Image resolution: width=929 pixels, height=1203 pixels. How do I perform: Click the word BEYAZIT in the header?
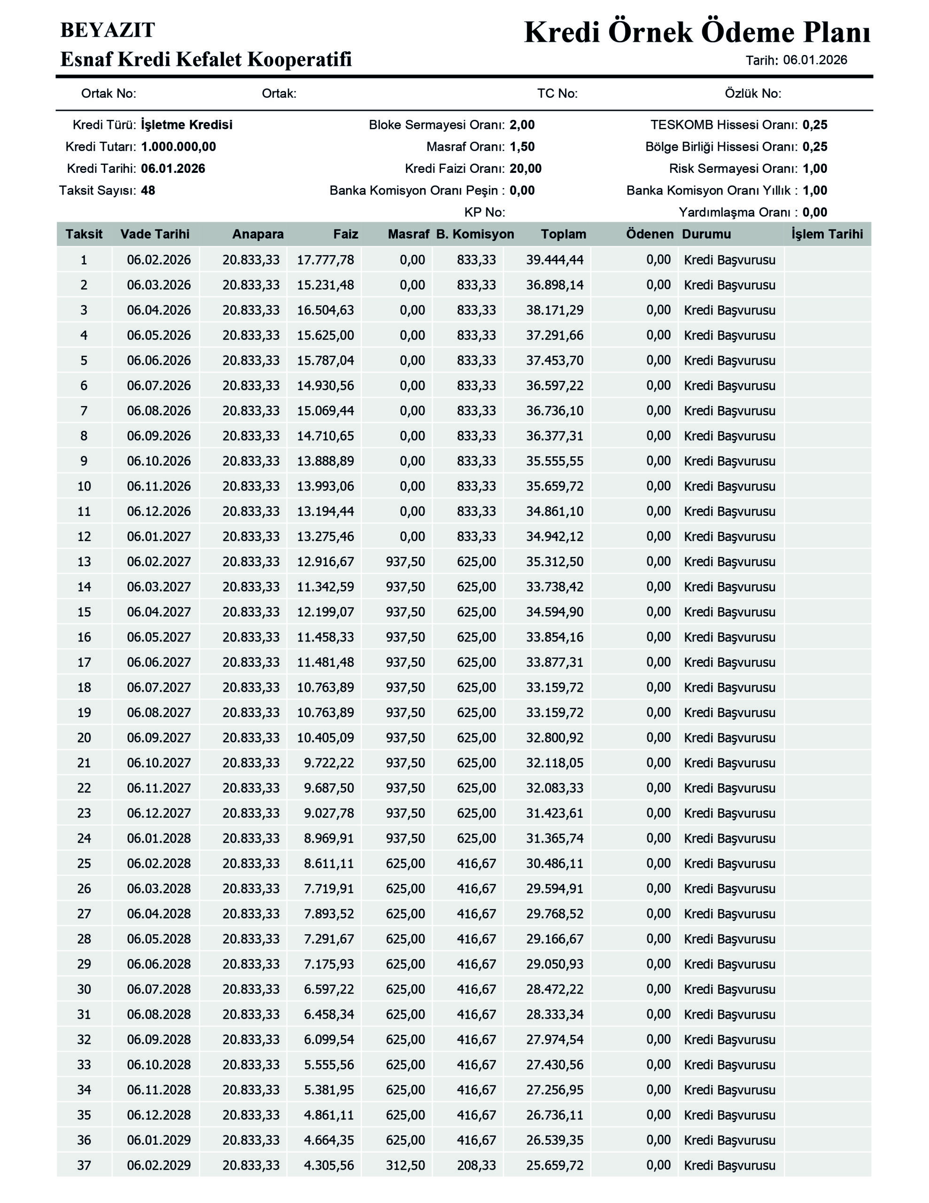coord(108,30)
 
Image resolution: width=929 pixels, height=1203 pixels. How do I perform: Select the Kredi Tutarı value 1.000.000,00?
coord(178,147)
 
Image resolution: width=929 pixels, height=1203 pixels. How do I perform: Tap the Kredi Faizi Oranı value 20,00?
coord(526,169)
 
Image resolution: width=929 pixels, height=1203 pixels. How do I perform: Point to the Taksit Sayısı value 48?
coord(148,191)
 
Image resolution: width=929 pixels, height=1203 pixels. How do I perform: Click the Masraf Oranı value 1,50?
coord(522,147)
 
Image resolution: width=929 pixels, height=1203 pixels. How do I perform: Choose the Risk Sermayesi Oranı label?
coord(732,169)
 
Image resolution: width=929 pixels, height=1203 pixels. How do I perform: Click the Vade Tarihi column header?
coord(155,234)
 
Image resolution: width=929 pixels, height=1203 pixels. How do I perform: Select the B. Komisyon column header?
coord(475,234)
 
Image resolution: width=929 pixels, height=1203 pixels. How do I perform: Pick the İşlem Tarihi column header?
coord(827,234)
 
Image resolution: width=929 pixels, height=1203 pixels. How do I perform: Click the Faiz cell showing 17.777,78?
coord(325,259)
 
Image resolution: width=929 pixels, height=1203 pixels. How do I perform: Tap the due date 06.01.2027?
coord(159,537)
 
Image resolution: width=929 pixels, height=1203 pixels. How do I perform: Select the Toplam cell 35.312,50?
coord(555,562)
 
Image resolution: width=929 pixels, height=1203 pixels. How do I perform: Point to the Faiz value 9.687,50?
coord(329,788)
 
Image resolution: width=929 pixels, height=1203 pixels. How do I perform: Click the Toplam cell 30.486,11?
coord(555,864)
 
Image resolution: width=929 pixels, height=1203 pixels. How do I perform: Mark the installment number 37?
coord(84,1165)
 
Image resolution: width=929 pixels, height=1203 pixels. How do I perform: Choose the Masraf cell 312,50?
coord(405,1165)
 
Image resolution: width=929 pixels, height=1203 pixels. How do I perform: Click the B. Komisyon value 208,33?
coord(476,1165)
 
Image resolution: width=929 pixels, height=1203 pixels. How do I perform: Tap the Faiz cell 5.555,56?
coord(329,1065)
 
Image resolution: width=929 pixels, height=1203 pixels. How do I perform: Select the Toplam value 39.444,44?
coord(555,259)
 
